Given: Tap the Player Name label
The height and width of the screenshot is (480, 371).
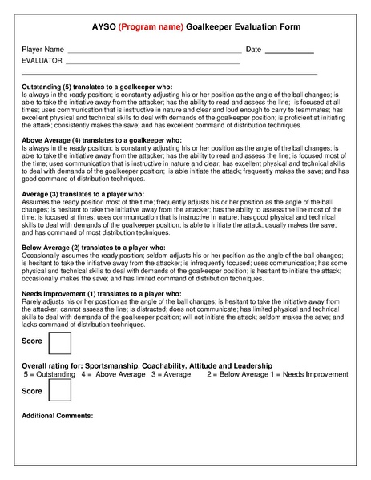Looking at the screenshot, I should click(x=42, y=50).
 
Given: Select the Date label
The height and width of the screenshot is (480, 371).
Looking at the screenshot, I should click(x=253, y=50).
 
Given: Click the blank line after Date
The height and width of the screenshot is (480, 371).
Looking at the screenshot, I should click(x=289, y=51).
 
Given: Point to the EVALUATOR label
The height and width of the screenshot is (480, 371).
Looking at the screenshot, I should click(x=42, y=61).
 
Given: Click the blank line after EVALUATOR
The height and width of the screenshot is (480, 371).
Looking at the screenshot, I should click(x=152, y=63).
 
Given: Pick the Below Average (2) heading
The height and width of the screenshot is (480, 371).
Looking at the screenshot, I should click(x=93, y=248).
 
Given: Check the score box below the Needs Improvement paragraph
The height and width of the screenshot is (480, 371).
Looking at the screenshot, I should click(x=60, y=342).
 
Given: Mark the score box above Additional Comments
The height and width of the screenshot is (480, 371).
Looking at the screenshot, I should click(x=60, y=390).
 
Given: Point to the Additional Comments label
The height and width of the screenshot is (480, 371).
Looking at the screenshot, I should click(x=58, y=416).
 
